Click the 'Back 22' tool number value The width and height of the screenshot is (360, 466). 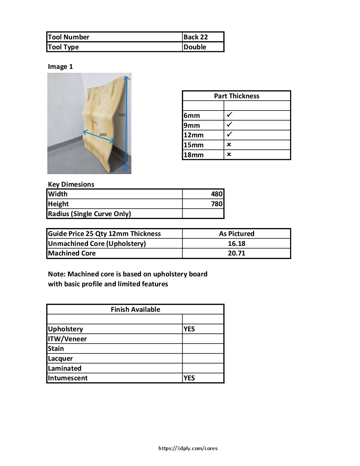[x=196, y=37]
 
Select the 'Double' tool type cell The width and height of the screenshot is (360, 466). [x=195, y=47]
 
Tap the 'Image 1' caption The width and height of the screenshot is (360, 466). [x=60, y=67]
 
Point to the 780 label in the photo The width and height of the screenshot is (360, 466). [x=121, y=115]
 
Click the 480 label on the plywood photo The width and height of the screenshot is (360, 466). [x=103, y=134]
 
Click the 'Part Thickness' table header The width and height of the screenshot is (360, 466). [x=237, y=96]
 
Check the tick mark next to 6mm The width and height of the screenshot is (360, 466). [x=229, y=115]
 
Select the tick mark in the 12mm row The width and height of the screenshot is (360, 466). [x=229, y=134]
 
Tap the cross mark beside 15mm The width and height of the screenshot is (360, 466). [x=229, y=145]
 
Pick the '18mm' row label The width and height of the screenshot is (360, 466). [x=194, y=155]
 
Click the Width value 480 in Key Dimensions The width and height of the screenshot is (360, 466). [x=217, y=194]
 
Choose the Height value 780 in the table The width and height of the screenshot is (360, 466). [x=217, y=204]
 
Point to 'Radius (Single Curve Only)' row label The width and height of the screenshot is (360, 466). [x=89, y=214]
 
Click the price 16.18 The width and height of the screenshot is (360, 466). [x=237, y=244]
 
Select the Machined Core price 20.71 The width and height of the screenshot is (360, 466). [x=237, y=253]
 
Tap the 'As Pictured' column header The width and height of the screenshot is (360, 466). [x=237, y=234]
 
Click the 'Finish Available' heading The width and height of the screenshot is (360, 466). [x=135, y=309]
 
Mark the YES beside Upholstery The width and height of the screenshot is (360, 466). [x=189, y=329]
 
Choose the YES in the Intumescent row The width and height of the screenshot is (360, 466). [x=189, y=378]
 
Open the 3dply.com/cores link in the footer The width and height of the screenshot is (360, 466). [x=188, y=448]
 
